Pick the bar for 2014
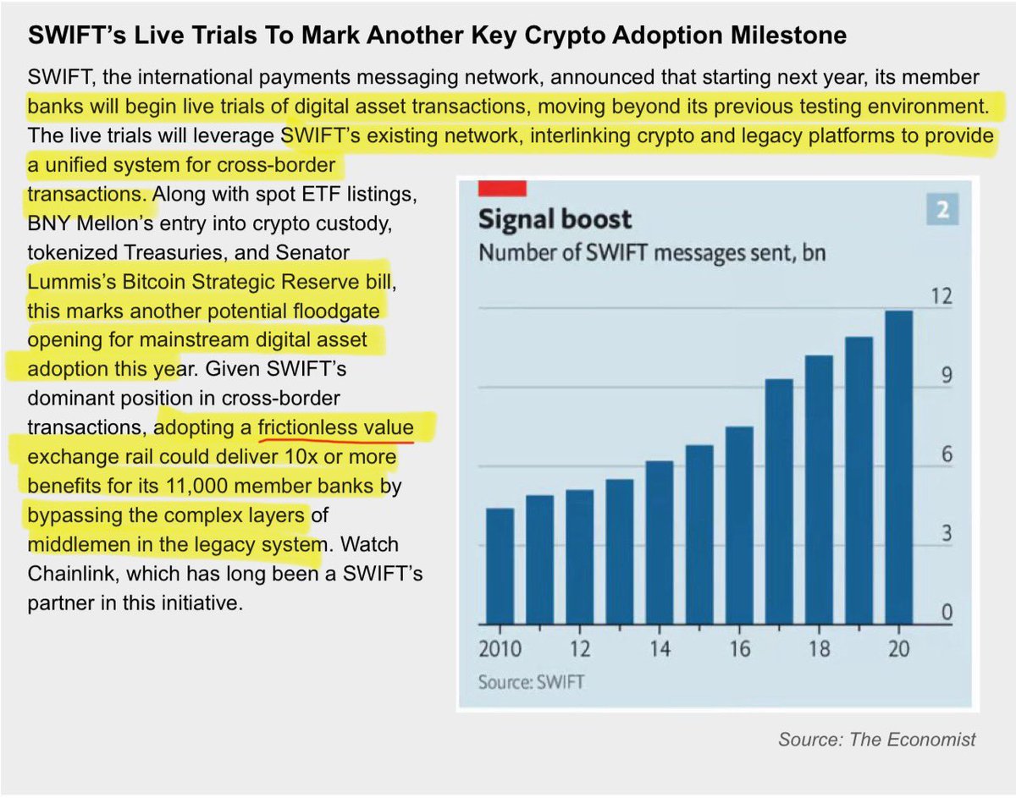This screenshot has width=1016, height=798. (x=660, y=542)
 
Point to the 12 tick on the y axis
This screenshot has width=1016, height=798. (x=941, y=297)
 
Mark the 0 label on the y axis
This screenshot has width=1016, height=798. (x=947, y=612)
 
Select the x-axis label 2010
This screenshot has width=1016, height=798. (x=500, y=649)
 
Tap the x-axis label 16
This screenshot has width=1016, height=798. (x=739, y=649)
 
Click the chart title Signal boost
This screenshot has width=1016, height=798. (x=555, y=219)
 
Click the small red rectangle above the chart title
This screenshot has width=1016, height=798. (x=502, y=187)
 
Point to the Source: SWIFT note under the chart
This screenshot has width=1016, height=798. (x=531, y=681)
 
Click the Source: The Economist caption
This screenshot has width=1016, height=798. (x=876, y=739)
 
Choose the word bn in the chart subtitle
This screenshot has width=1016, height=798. (x=814, y=252)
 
